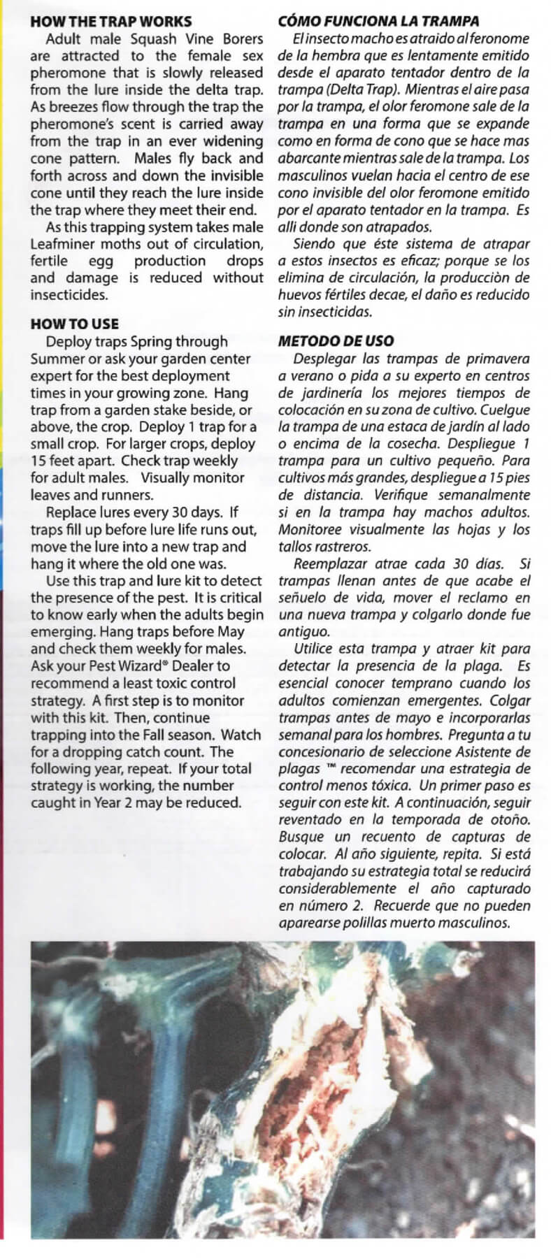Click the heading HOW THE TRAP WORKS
click(110, 22)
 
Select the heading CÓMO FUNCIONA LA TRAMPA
click(378, 21)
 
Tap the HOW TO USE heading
click(75, 324)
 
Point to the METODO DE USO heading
click(336, 341)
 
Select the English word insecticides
click(69, 294)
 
